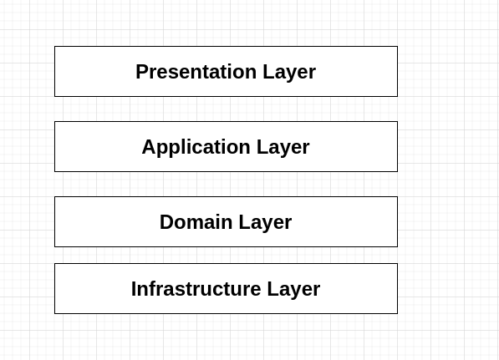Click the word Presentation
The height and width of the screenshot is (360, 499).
196,72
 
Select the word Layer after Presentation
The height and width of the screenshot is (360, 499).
289,72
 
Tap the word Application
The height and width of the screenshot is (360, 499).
196,148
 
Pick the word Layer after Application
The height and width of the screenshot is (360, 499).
283,148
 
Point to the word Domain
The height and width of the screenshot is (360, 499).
196,222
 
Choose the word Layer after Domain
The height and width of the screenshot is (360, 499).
265,223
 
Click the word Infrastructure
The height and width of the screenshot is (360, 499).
196,289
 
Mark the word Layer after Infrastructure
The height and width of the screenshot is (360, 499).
293,289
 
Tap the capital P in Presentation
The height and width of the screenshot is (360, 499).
141,72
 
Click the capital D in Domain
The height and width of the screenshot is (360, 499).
166,222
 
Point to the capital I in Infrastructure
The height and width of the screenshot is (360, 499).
134,289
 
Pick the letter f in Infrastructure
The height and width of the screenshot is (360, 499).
152,288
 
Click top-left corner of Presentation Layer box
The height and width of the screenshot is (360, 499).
54,47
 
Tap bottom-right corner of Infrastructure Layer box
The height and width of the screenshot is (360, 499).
398,313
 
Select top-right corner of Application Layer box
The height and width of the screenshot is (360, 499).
398,121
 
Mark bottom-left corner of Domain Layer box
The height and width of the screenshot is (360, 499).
54,246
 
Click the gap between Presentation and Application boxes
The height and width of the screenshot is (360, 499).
226,109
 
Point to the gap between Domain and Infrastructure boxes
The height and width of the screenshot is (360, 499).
226,255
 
